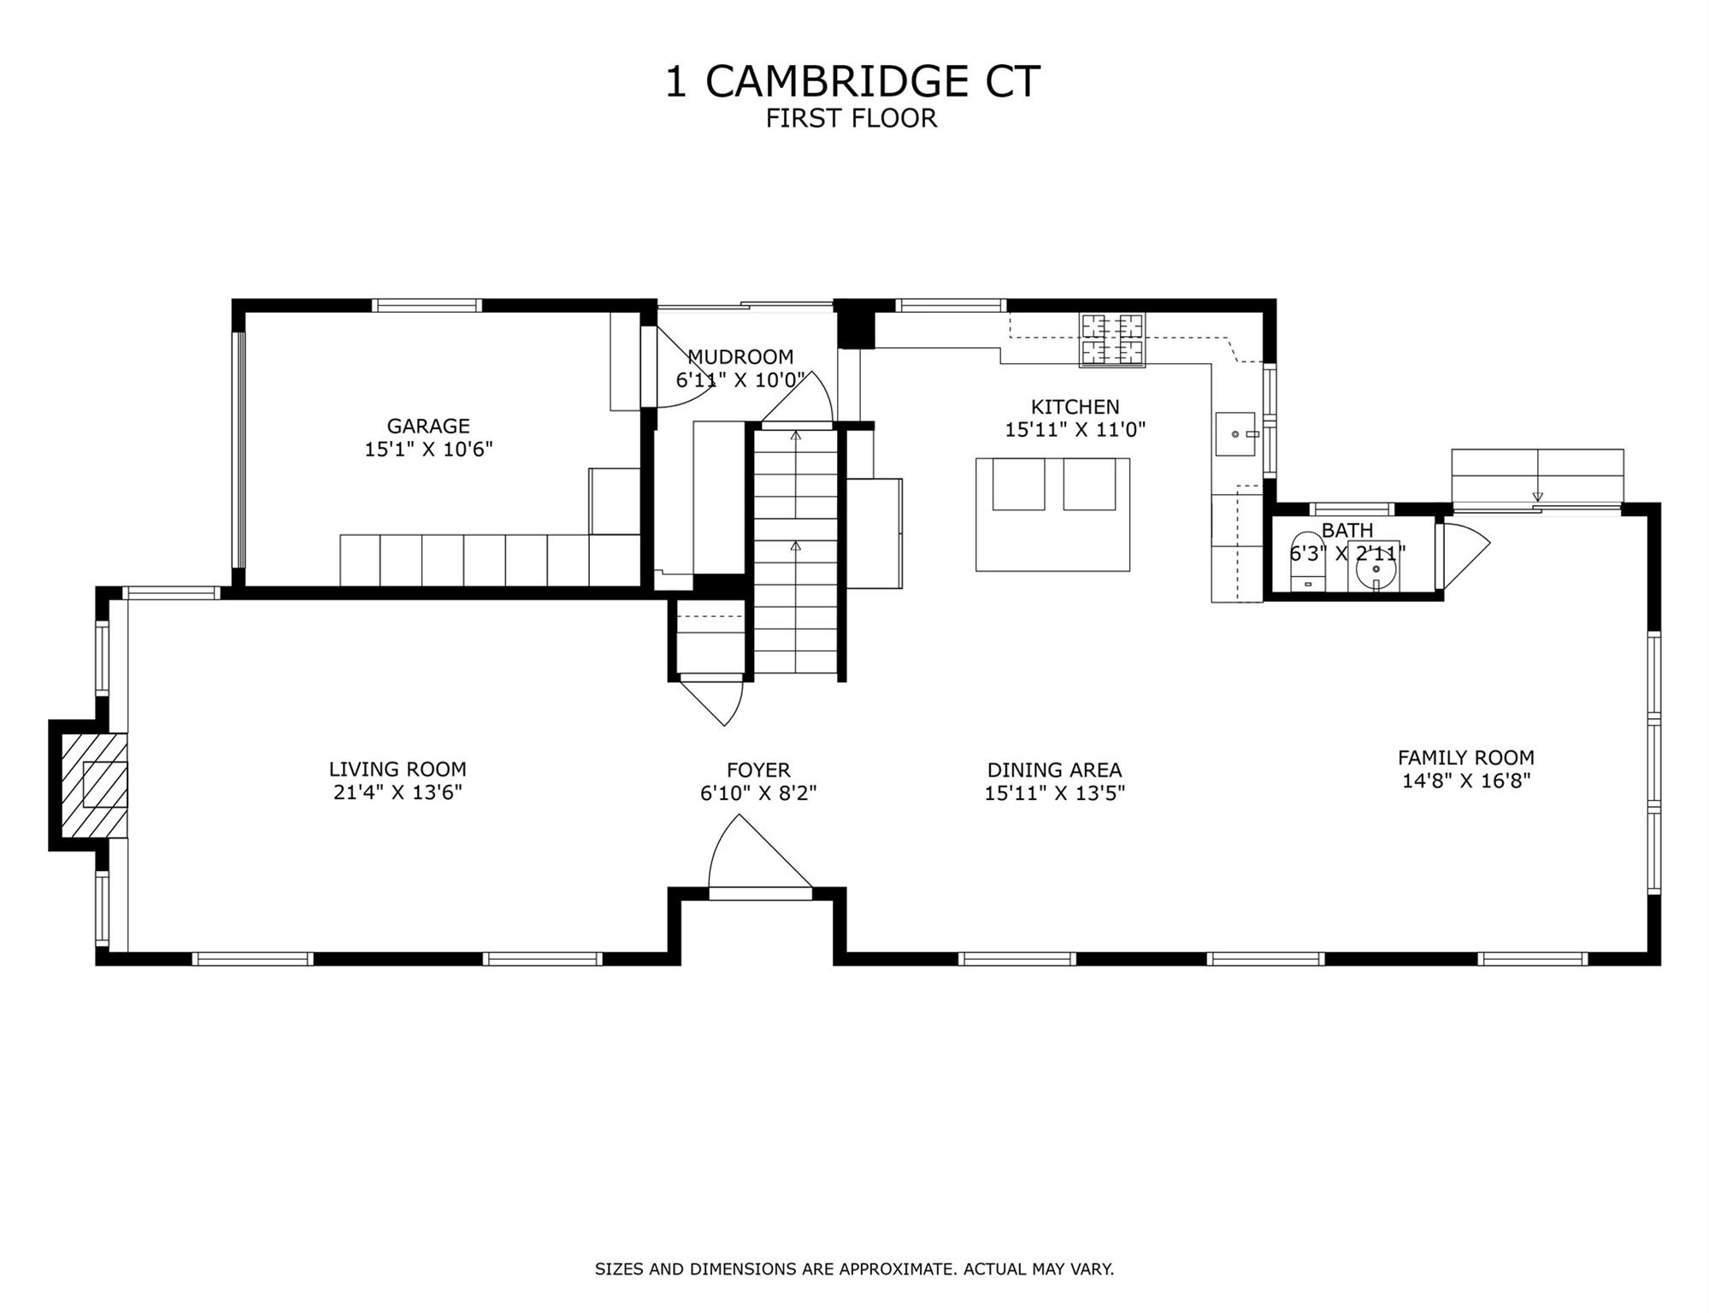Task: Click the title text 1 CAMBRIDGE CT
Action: click(852, 82)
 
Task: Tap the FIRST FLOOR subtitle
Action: click(852, 119)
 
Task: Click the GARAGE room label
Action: click(428, 426)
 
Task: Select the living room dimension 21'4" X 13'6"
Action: click(398, 792)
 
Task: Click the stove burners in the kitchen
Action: click(1112, 339)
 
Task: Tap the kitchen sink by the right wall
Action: click(1236, 434)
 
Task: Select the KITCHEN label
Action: click(1075, 407)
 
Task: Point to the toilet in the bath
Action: click(1307, 562)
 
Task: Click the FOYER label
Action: click(758, 770)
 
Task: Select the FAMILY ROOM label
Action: click(1466, 757)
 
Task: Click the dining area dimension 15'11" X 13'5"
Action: click(1054, 793)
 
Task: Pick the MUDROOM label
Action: click(740, 356)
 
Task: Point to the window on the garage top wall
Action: click(427, 305)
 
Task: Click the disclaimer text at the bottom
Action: click(854, 1269)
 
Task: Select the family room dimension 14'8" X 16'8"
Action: click(1466, 780)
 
